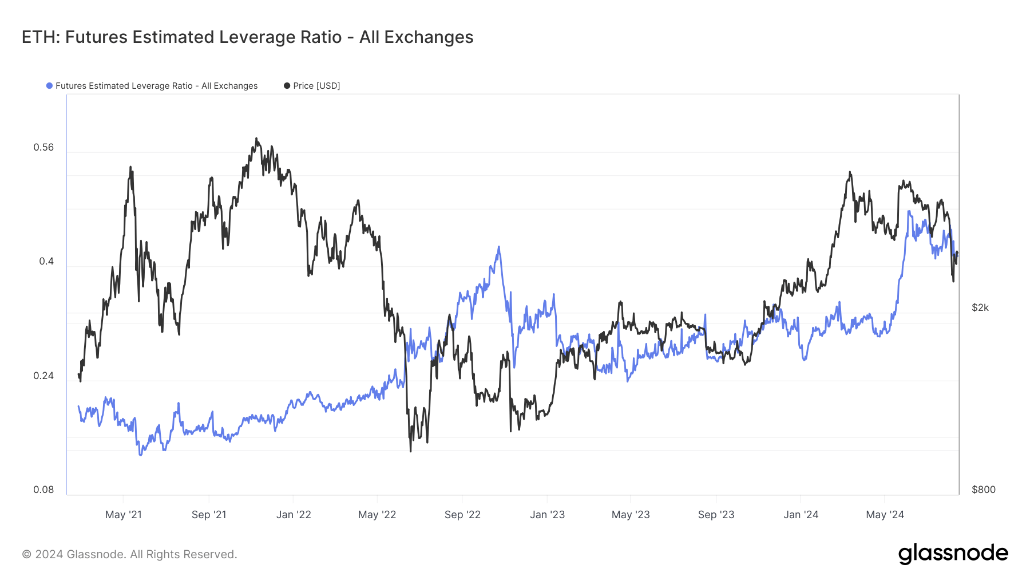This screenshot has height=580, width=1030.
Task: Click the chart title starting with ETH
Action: pos(247,37)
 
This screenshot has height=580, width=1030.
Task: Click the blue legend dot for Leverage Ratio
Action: pos(50,86)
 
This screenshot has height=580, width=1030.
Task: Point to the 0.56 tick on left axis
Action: pos(43,147)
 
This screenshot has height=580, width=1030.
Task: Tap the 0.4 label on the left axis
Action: pos(46,261)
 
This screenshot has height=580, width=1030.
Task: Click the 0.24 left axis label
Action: pos(43,376)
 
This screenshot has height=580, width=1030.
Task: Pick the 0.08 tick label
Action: pos(43,490)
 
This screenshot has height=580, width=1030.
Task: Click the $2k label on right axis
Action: pos(980,307)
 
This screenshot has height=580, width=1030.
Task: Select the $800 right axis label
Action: pos(983,490)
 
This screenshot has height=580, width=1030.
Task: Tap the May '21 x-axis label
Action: pos(123,515)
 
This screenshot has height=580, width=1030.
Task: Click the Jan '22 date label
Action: pos(294,515)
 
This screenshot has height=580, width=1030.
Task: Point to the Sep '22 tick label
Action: pos(462,515)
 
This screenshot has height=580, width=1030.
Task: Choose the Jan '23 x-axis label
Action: pos(547,515)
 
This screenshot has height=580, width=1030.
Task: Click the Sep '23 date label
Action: pos(716,515)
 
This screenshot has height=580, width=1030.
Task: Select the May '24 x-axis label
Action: pos(885,515)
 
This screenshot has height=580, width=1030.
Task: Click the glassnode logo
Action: pos(953,554)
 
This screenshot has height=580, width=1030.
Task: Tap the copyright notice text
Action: pos(129,554)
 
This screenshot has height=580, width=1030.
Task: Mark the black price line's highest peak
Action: pos(256,139)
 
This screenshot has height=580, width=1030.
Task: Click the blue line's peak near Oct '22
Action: pos(499,247)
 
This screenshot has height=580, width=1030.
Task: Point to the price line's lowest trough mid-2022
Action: pos(411,451)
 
